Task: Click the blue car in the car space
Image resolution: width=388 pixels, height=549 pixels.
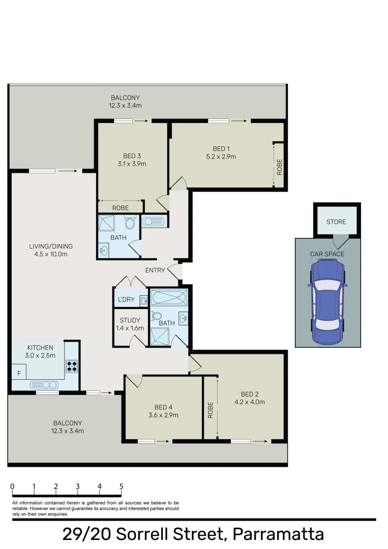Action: (x=327, y=301)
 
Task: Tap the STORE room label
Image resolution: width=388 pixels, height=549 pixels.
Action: (x=336, y=222)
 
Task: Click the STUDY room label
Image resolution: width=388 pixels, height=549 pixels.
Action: (x=130, y=320)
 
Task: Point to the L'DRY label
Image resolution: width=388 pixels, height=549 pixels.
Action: (x=126, y=299)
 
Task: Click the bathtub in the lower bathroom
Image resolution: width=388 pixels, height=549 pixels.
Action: (x=169, y=297)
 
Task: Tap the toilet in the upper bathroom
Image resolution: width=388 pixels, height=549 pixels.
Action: (x=130, y=223)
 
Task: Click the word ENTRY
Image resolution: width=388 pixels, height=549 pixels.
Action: (x=155, y=270)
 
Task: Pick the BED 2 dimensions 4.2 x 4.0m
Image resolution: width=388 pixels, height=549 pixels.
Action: (x=250, y=402)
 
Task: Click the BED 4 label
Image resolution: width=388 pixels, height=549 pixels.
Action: (x=163, y=407)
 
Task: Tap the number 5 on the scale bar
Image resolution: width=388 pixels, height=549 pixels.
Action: (x=121, y=486)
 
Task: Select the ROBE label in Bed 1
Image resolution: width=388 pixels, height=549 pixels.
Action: (x=279, y=167)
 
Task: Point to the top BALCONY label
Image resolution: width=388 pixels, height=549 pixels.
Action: (x=125, y=98)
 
